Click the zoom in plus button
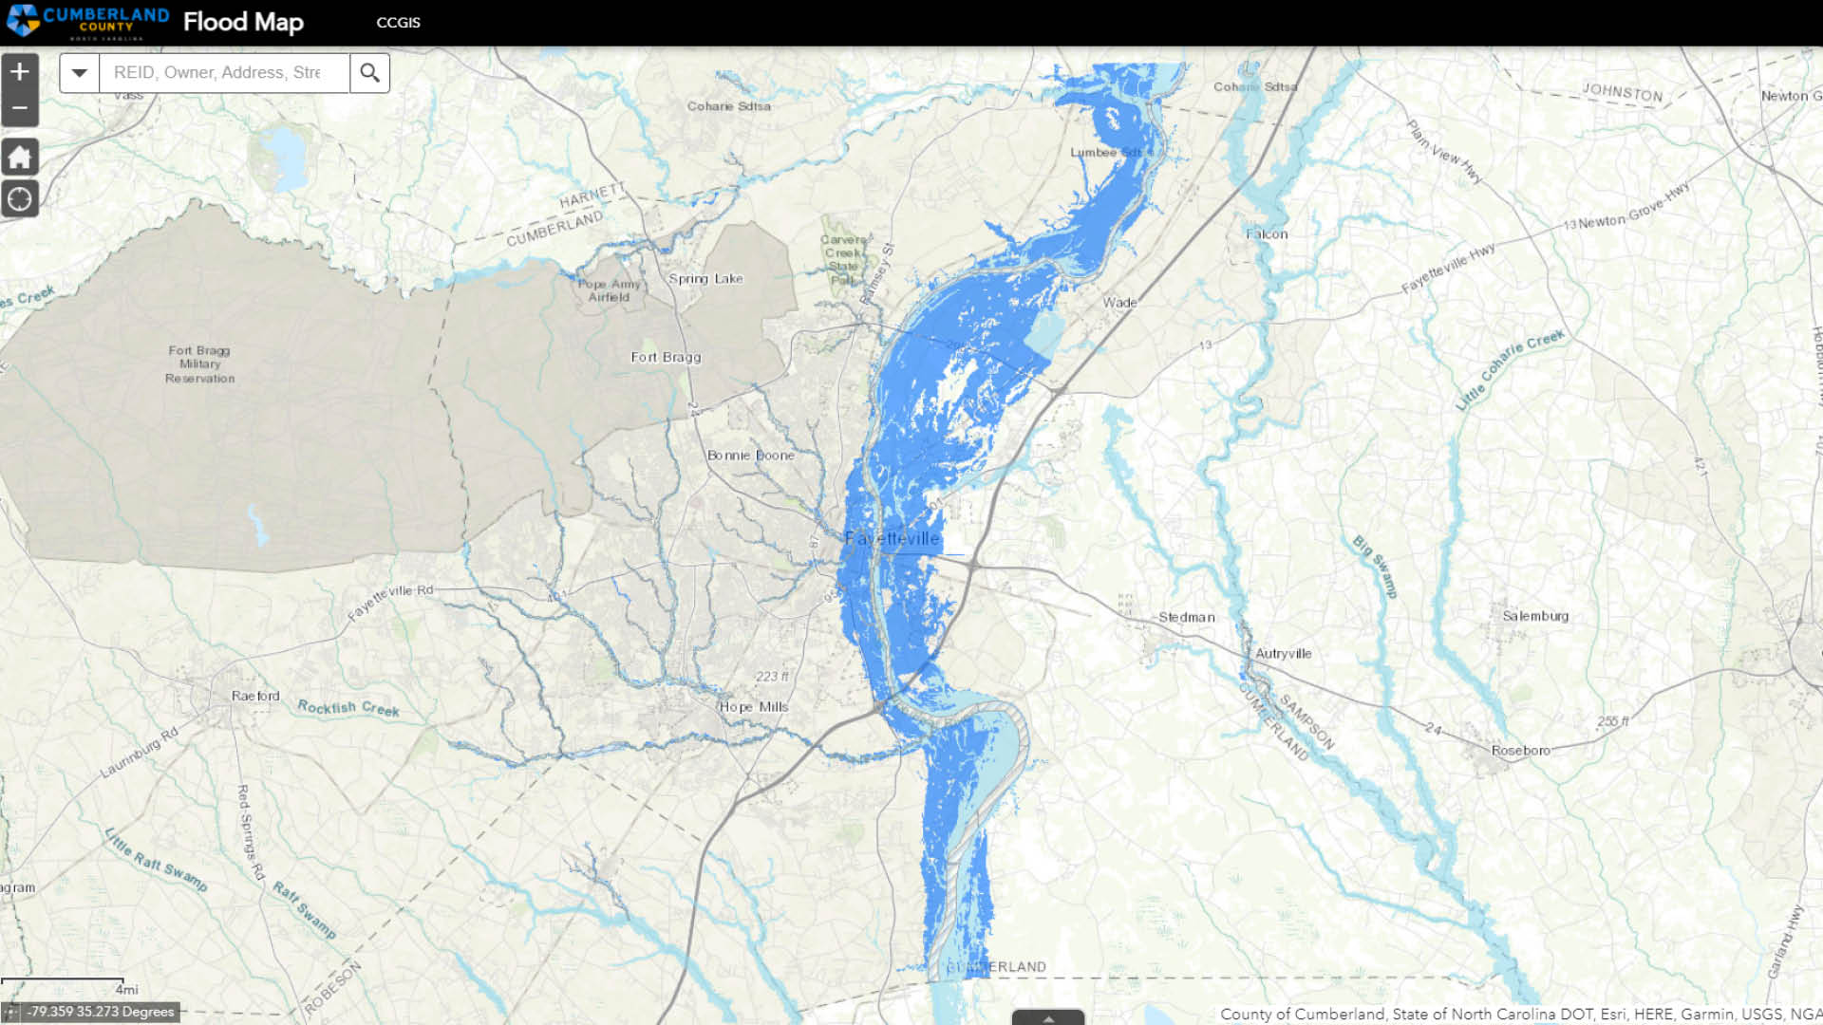click(x=20, y=72)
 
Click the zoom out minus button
click(x=20, y=108)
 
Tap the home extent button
click(x=20, y=157)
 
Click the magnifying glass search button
click(x=369, y=73)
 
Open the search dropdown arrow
click(x=80, y=73)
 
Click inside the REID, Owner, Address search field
click(x=224, y=73)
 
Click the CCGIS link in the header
click(x=398, y=23)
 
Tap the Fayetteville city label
click(x=892, y=539)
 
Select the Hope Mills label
click(x=754, y=707)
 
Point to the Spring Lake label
click(x=705, y=279)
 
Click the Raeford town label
click(x=255, y=696)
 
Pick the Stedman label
click(x=1186, y=617)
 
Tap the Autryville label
click(x=1283, y=654)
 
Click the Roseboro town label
click(x=1520, y=751)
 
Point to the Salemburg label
click(x=1535, y=616)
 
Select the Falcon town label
click(x=1267, y=234)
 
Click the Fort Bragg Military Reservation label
click(x=199, y=364)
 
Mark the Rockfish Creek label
click(x=348, y=708)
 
